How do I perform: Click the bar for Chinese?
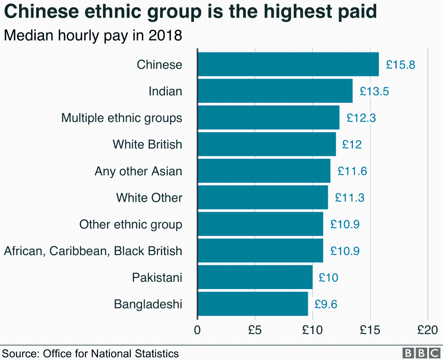click(288, 64)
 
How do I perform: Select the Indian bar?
click(275, 91)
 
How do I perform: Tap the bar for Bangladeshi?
click(253, 304)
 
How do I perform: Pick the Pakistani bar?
click(255, 277)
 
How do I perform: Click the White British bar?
click(267, 144)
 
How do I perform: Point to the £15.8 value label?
click(401, 65)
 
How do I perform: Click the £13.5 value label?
click(374, 91)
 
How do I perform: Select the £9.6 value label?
click(325, 304)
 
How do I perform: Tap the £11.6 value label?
click(352, 171)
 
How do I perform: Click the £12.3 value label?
click(361, 118)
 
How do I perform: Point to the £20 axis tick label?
click(428, 330)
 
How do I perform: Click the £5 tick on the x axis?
click(255, 330)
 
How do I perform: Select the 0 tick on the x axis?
click(198, 330)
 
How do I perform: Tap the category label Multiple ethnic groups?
click(122, 118)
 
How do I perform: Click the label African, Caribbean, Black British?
click(93, 251)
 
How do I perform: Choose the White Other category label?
click(149, 198)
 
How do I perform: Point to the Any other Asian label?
click(138, 171)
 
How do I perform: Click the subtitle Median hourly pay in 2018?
click(93, 35)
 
